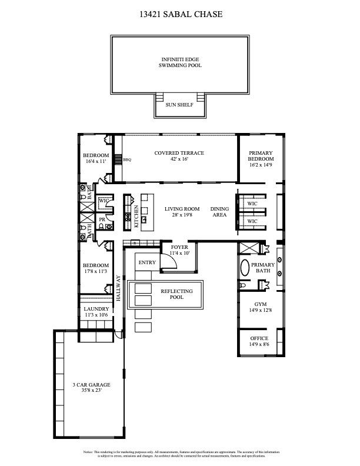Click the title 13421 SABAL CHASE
179,14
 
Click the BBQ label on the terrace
126,159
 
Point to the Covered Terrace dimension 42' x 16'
179,159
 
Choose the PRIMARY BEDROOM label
261,156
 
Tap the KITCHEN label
136,216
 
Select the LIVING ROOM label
182,209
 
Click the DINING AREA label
219,212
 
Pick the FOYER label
179,247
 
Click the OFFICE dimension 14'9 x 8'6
259,344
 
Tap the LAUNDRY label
96,309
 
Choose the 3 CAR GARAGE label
91,385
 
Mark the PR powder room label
102,219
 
